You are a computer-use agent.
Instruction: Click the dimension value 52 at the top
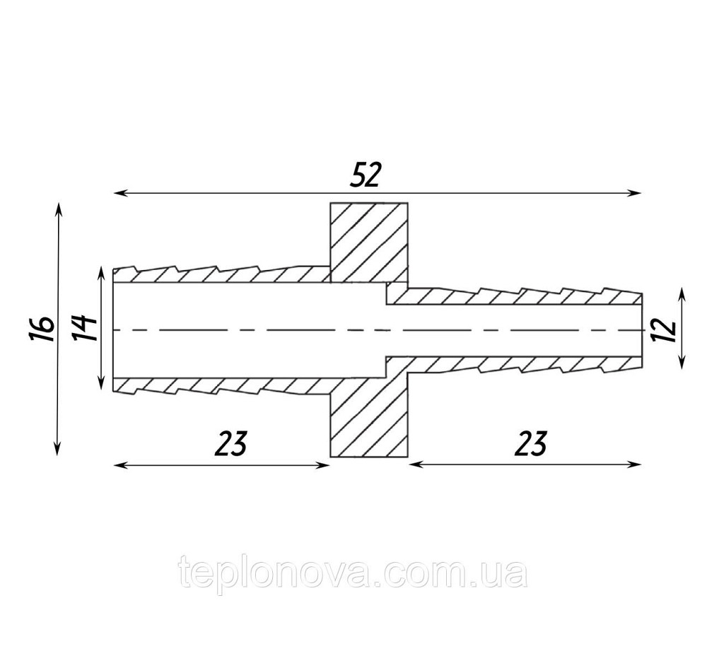(366, 175)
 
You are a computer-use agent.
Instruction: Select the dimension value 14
(84, 328)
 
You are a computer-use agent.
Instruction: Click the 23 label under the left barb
(231, 443)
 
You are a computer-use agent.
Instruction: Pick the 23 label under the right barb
(531, 443)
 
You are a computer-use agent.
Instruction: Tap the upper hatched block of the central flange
(369, 242)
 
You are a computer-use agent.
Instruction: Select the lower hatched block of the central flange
(369, 419)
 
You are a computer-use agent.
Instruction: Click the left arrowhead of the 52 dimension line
(118, 193)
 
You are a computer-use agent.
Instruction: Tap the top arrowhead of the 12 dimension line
(682, 294)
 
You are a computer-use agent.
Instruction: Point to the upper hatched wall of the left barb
(221, 275)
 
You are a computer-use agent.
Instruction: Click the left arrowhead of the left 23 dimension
(118, 465)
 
